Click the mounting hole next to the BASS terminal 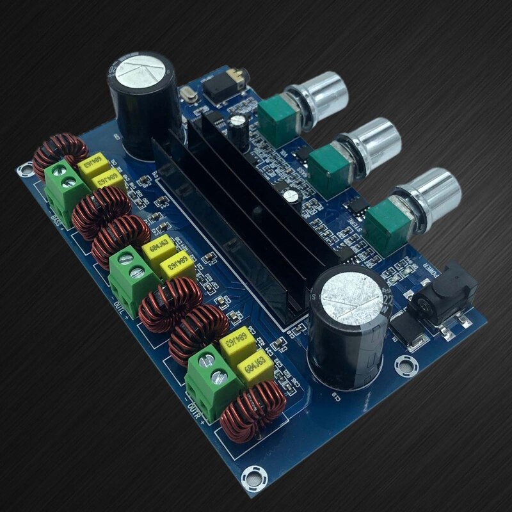tap(25, 170)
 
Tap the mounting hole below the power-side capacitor tap(405, 365)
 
